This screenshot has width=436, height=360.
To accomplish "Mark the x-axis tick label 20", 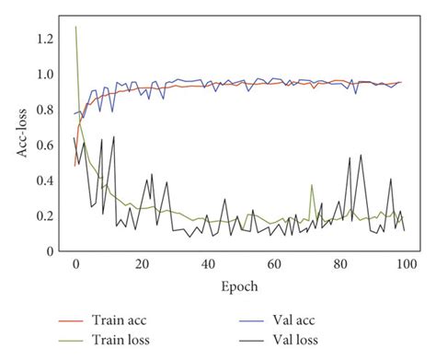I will pos(141,264).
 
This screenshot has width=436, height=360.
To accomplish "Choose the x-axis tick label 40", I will pos(207,264).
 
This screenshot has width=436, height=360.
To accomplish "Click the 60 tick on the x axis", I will pos(272,264).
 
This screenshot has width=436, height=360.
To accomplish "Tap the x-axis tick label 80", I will pos(338,264).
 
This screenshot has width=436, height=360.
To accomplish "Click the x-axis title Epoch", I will pos(239,286).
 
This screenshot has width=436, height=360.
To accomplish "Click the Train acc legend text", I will pos(119,321).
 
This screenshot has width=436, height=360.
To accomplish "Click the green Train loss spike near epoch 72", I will pos(312,185).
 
